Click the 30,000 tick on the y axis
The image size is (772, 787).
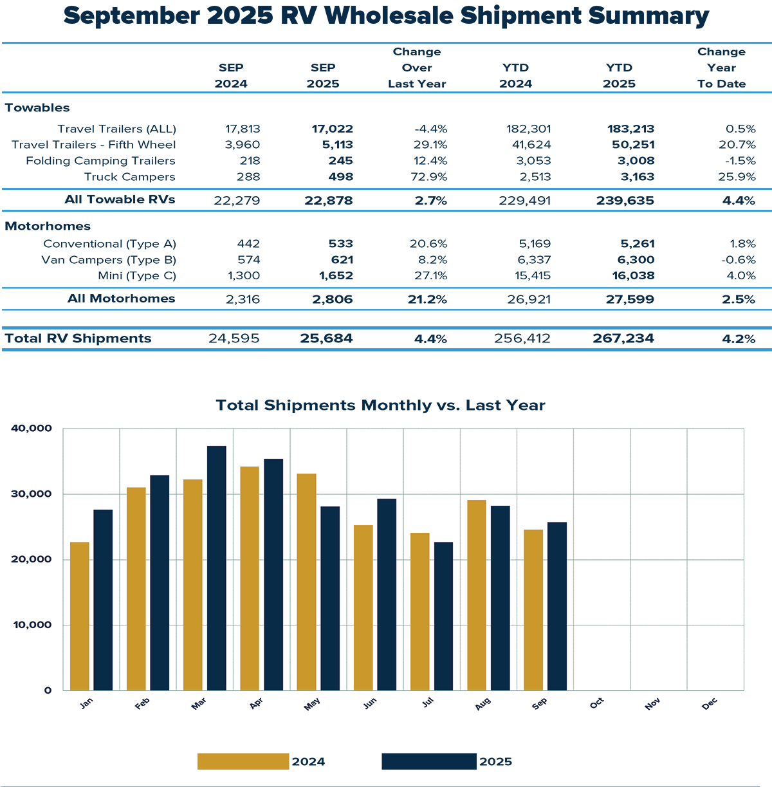pyautogui.click(x=32, y=494)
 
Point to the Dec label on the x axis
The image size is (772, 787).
pyautogui.click(x=710, y=704)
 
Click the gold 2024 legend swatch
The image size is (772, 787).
pyautogui.click(x=243, y=761)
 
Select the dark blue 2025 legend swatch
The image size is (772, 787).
pyautogui.click(x=429, y=761)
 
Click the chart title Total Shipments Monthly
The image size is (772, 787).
pyautogui.click(x=380, y=405)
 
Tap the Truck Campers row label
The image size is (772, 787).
pyautogui.click(x=129, y=177)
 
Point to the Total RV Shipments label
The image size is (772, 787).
pyautogui.click(x=78, y=338)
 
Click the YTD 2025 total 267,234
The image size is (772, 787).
pyautogui.click(x=623, y=338)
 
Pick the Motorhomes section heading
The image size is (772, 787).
pyautogui.click(x=48, y=226)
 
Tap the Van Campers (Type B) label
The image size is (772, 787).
pyautogui.click(x=109, y=260)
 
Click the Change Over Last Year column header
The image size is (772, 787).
pyautogui.click(x=417, y=68)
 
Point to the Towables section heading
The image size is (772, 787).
pyautogui.click(x=37, y=107)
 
